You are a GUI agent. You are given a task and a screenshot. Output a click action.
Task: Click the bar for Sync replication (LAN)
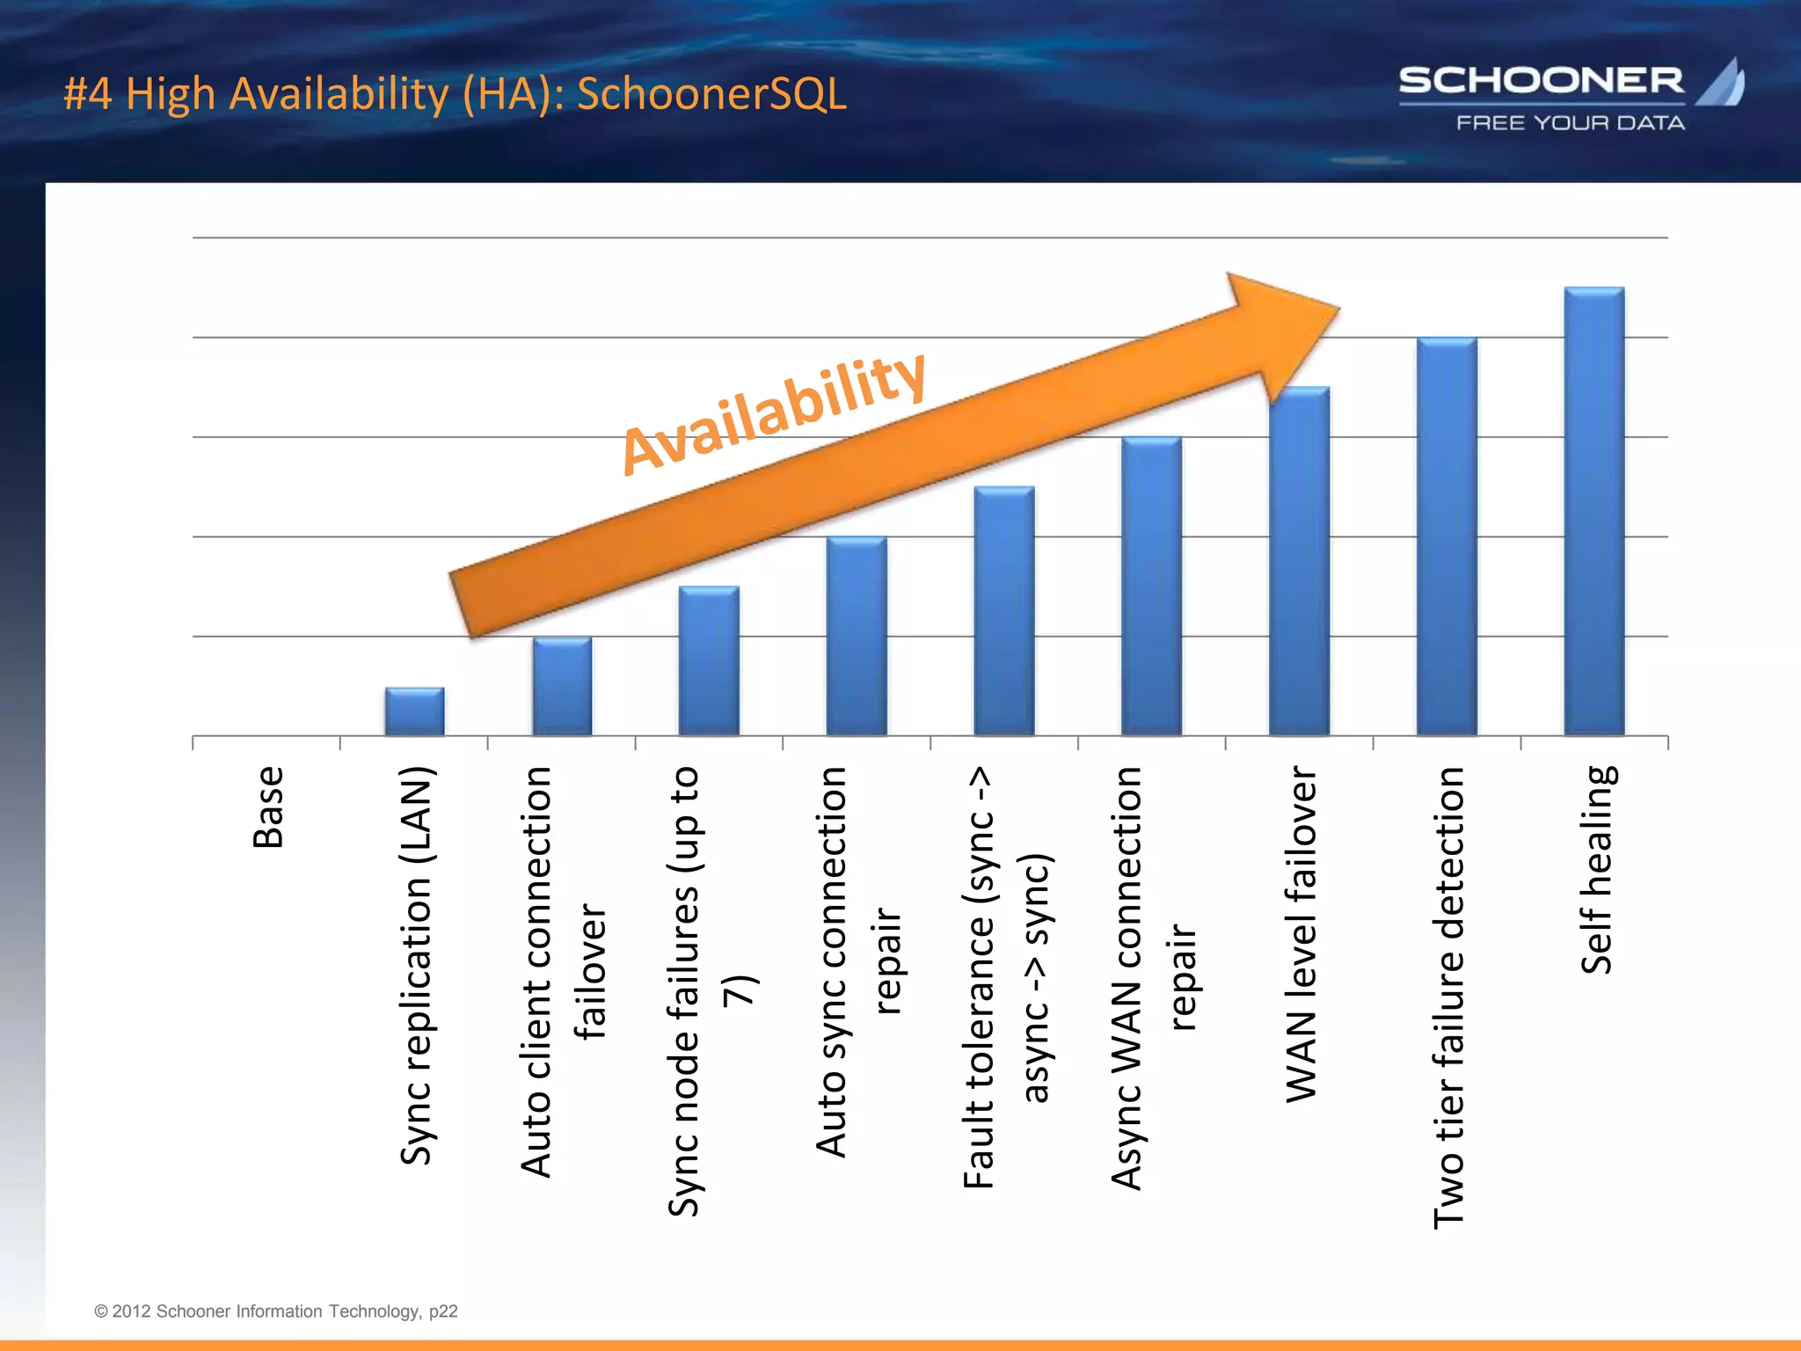(x=414, y=712)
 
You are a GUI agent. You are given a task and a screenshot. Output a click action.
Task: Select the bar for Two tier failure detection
(x=1447, y=537)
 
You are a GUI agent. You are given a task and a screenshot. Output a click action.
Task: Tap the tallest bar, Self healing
(x=1593, y=511)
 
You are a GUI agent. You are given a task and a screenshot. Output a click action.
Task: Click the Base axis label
(x=268, y=807)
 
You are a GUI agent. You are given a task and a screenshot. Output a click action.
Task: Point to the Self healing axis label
(x=1597, y=870)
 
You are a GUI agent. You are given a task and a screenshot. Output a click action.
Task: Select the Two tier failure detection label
(x=1449, y=997)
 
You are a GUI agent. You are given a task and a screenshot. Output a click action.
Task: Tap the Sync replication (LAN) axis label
(x=417, y=966)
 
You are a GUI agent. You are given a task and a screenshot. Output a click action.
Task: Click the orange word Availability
(x=774, y=413)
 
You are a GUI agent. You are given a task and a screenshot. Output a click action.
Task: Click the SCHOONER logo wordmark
(x=1541, y=81)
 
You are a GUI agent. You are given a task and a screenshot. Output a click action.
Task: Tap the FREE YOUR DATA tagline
(x=1571, y=123)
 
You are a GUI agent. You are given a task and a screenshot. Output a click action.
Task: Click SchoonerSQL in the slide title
(x=711, y=93)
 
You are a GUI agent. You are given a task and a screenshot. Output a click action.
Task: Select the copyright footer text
(x=276, y=1311)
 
